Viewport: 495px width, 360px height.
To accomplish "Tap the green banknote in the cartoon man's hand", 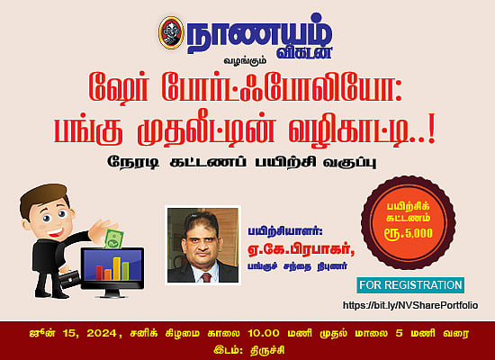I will [x=114, y=238].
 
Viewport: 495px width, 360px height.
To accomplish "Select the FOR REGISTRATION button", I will [x=409, y=285].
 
